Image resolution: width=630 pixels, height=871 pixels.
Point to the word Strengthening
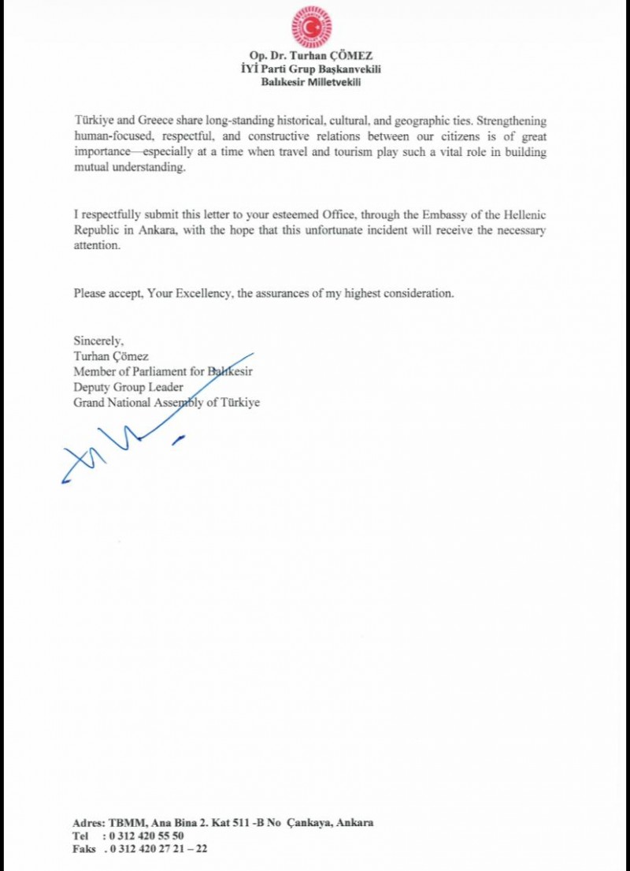click(507, 122)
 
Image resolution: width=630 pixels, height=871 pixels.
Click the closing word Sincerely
click(98, 341)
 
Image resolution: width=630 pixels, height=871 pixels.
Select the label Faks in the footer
click(83, 849)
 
